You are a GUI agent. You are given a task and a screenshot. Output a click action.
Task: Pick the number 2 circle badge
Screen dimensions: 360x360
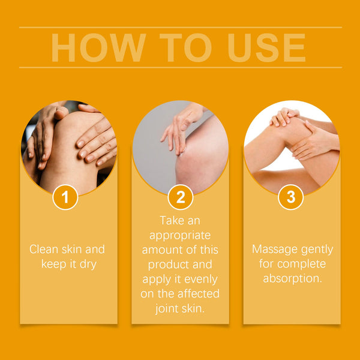point(181,197)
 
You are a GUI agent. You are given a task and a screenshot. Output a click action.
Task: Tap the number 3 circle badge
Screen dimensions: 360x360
point(292,197)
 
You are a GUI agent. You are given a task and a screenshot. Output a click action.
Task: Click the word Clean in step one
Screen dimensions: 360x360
point(44,249)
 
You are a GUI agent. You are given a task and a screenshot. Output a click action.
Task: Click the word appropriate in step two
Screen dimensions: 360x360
point(181,235)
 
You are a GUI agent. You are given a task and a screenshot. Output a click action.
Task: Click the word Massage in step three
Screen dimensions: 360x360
point(275,249)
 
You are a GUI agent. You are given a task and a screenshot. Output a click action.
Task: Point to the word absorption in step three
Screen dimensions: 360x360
point(292,278)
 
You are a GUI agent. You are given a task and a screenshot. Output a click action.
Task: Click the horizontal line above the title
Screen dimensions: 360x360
point(180,27)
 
